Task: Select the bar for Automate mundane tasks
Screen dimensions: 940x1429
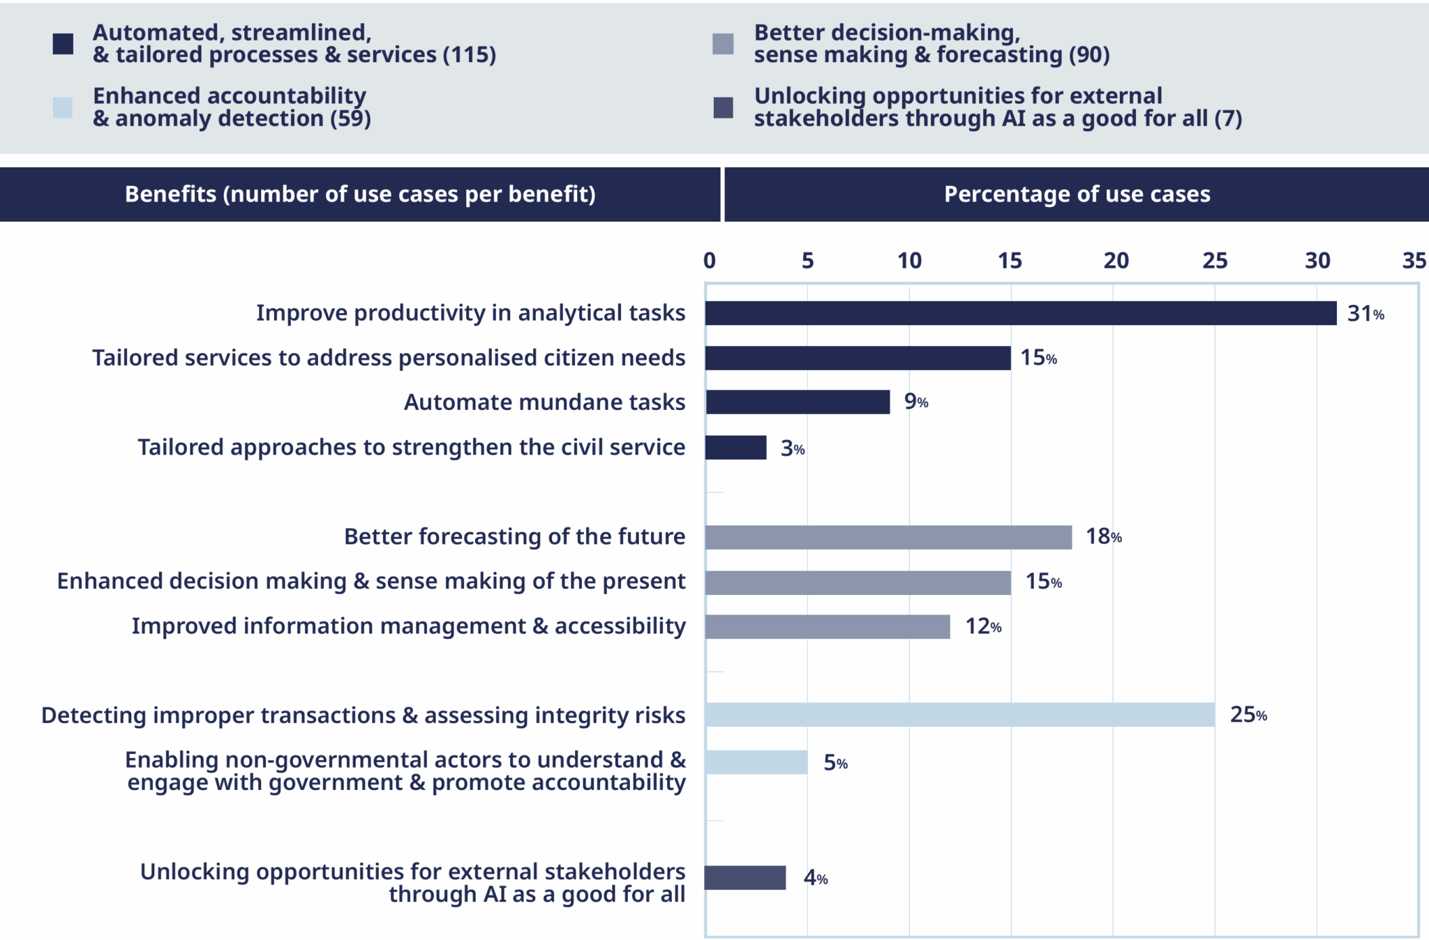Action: point(798,402)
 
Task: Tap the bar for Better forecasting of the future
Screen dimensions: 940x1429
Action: point(888,537)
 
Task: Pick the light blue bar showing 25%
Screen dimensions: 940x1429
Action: point(959,715)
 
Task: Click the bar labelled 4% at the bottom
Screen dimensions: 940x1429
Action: point(745,878)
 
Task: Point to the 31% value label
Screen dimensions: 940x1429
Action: point(1365,314)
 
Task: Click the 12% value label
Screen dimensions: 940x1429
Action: point(982,626)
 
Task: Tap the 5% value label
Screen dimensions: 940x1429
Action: point(835,763)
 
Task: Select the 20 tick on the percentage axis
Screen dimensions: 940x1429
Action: point(1116,261)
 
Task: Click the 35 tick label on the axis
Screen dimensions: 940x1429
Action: point(1414,261)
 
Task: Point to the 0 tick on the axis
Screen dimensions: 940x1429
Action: point(710,261)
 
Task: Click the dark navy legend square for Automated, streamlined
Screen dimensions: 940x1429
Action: point(63,44)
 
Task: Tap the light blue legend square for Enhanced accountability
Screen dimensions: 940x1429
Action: point(63,107)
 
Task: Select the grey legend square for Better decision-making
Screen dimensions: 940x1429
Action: point(723,44)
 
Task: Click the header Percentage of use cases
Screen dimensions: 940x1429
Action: point(1077,194)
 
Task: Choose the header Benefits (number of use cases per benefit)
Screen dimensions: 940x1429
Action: point(360,194)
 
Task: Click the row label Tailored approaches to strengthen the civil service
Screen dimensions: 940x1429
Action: point(411,447)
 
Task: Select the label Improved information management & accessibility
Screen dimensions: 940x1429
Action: point(408,626)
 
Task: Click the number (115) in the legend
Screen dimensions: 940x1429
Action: point(470,54)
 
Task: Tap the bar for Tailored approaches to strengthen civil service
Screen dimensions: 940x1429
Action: point(735,448)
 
